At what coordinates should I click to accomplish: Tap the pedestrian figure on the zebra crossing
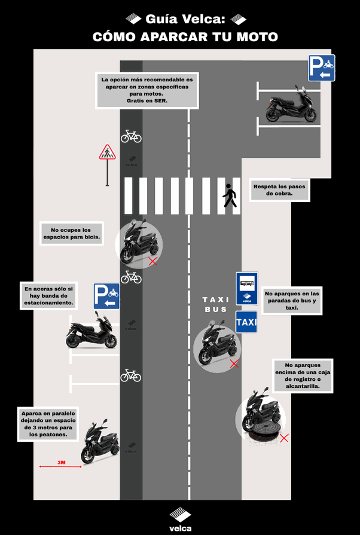pyautogui.click(x=230, y=195)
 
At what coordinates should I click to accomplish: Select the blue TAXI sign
pyautogui.click(x=246, y=322)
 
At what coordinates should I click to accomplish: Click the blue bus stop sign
pyautogui.click(x=246, y=289)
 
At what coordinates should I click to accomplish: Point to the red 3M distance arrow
pyautogui.click(x=60, y=466)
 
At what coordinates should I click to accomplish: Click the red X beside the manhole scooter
pyautogui.click(x=285, y=438)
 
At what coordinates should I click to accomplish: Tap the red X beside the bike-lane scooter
pyautogui.click(x=153, y=261)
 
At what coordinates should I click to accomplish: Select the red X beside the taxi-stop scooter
pyautogui.click(x=234, y=363)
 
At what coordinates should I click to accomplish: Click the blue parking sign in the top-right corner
pyautogui.click(x=322, y=68)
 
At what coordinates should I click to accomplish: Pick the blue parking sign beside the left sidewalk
pyautogui.click(x=107, y=296)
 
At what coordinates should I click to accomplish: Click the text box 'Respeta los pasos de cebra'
pyautogui.click(x=279, y=190)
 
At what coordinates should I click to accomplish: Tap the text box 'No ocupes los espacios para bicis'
pyautogui.click(x=71, y=234)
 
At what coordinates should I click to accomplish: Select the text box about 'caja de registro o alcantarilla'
pyautogui.click(x=303, y=375)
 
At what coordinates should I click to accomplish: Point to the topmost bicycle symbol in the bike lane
pyautogui.click(x=131, y=136)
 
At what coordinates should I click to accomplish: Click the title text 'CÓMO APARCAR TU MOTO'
pyautogui.click(x=185, y=37)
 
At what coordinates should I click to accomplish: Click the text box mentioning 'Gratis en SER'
pyautogui.click(x=147, y=90)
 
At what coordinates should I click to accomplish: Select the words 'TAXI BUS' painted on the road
pyautogui.click(x=215, y=304)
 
